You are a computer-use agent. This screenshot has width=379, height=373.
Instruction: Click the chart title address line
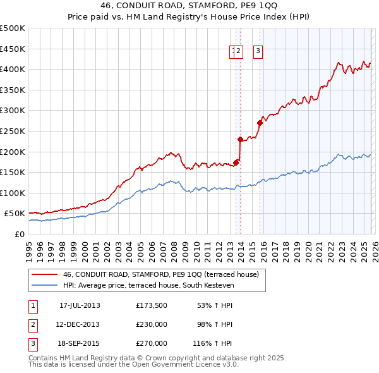[189, 6]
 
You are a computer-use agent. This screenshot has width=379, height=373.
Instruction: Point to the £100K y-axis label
[13, 193]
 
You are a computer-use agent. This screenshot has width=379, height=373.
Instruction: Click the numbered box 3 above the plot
[258, 52]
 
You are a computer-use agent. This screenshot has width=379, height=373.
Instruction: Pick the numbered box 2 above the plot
[239, 52]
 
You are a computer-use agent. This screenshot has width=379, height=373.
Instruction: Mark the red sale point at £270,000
[260, 123]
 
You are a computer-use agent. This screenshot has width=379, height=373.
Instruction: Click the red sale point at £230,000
[240, 139]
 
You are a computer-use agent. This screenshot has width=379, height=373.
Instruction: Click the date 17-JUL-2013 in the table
[80, 305]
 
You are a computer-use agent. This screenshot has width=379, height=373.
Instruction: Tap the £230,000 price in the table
[152, 324]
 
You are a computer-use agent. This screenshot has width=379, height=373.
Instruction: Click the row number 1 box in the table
[32, 305]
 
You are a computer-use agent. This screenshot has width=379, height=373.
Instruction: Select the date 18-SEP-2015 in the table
[80, 343]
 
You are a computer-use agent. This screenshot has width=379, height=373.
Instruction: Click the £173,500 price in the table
[152, 305]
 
